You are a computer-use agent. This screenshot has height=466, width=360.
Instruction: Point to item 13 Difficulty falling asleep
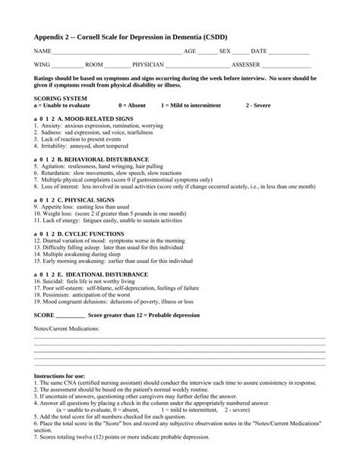(115, 246)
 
